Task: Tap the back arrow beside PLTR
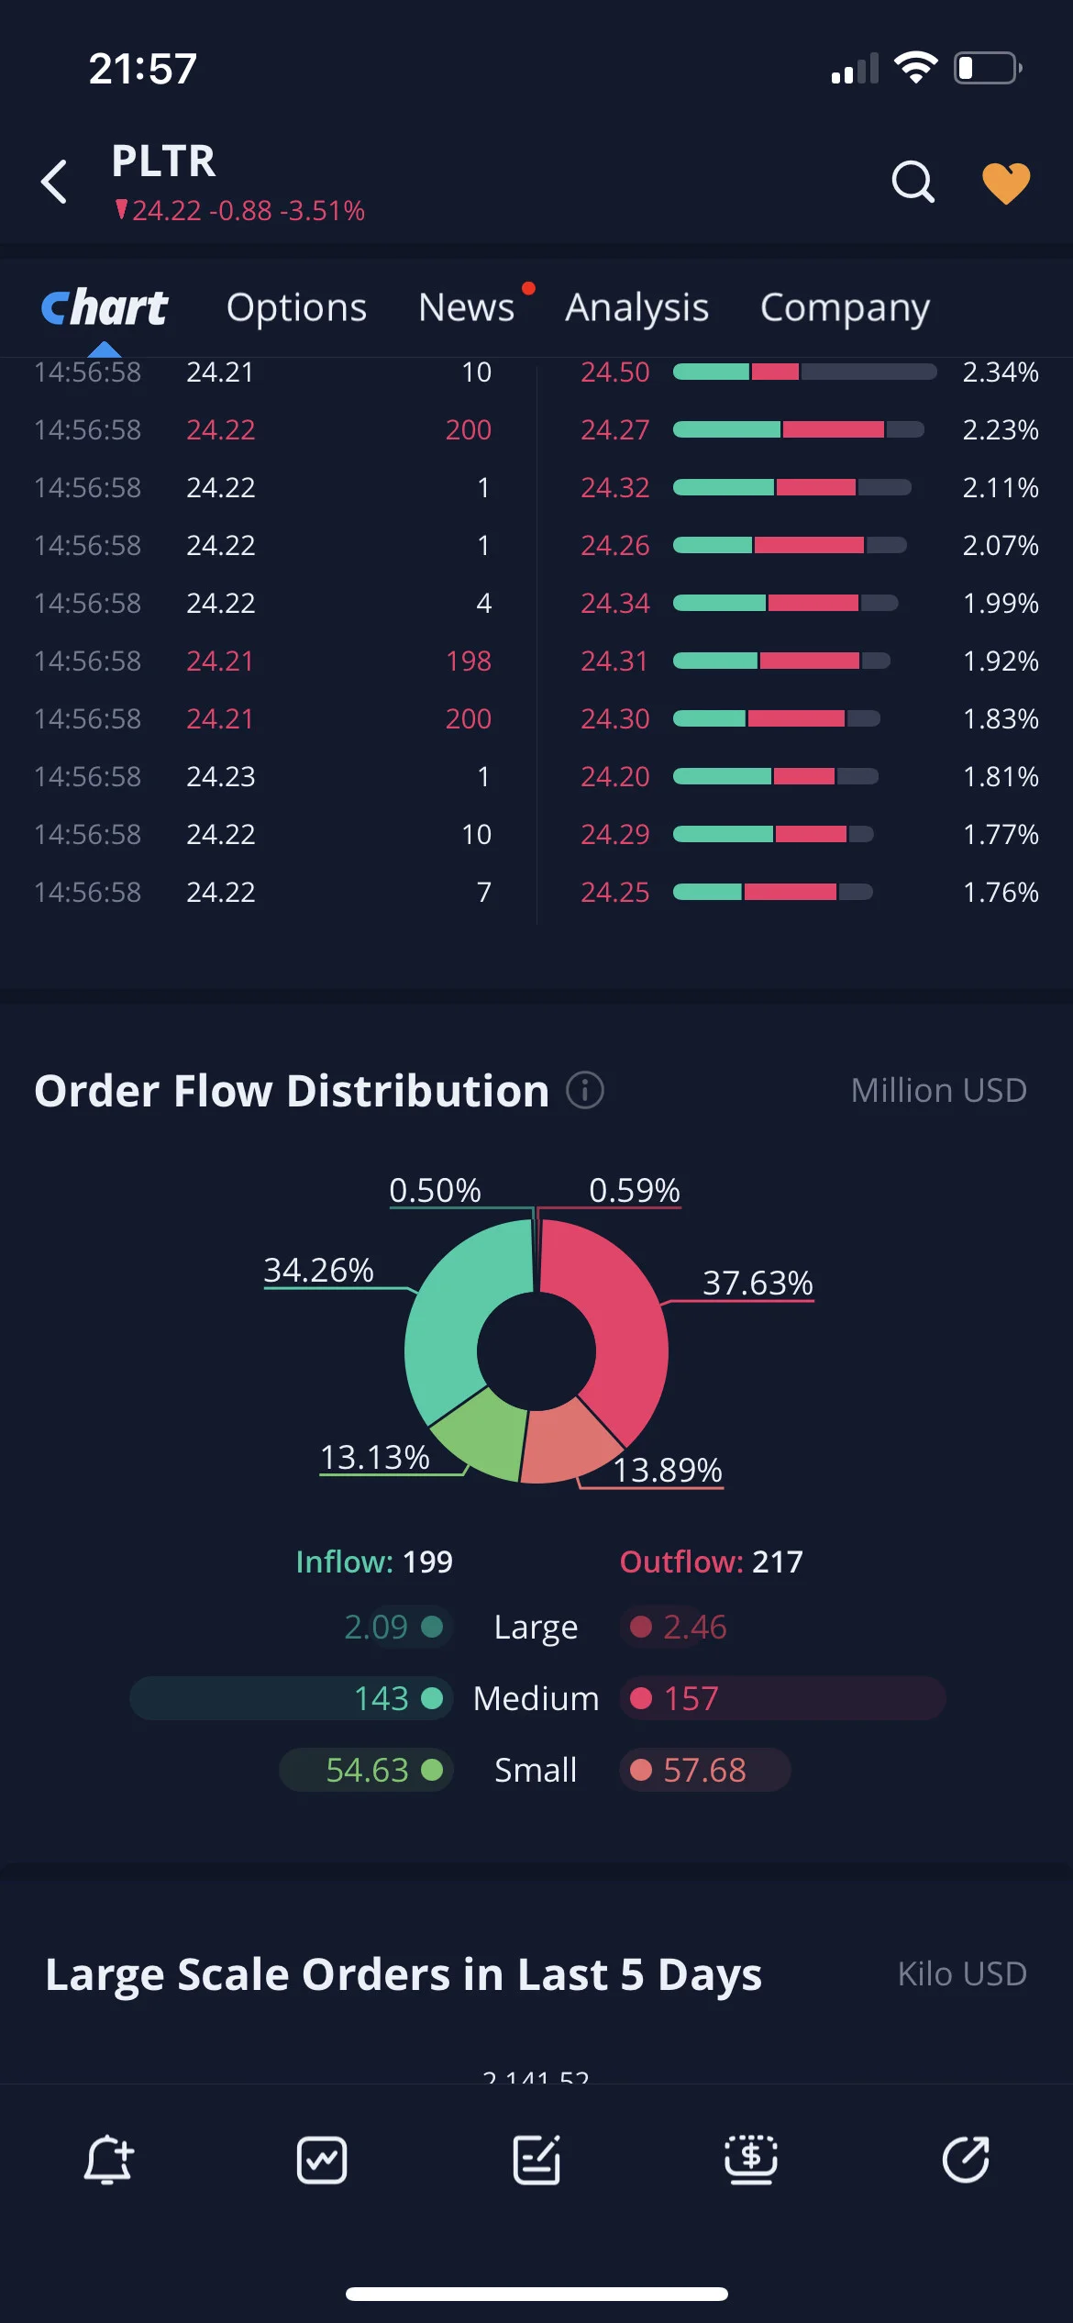pos(54,181)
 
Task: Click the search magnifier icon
pos(913,182)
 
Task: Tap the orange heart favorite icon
pos(1006,183)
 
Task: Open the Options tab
pos(296,308)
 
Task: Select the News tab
pos(466,307)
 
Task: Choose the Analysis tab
pos(636,308)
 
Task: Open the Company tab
pos(845,308)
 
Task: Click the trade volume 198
pos(469,661)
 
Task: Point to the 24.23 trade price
pos(221,776)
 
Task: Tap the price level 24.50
pos(614,372)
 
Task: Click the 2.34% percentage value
pos(1001,372)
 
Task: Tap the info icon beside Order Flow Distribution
pos(585,1090)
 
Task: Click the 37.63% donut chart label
pos(758,1283)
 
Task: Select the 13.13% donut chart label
pos(374,1457)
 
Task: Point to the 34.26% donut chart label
pos(318,1270)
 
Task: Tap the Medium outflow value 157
pos(691,1698)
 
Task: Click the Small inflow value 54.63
pos(367,1770)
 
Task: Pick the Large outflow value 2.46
pos(694,1627)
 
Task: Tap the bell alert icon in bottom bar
pos(108,2160)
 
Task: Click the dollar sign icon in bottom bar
pos(751,2160)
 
